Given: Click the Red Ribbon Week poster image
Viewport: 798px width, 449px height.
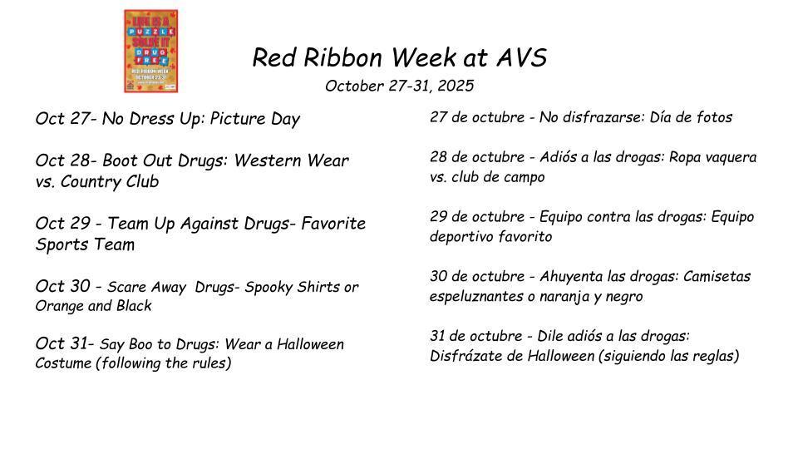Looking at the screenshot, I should coord(150,52).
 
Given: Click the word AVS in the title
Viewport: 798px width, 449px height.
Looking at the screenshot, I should coord(521,58).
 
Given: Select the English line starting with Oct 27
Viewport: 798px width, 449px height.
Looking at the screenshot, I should coord(167,119).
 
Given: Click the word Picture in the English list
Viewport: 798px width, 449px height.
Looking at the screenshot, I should coord(239,119).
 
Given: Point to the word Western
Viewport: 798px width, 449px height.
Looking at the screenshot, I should coord(262,160).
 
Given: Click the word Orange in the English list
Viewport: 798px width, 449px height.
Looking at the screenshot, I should coord(59,306).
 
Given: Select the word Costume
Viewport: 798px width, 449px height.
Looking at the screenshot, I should coord(62,363).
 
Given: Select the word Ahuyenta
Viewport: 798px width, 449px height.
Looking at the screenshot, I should coord(571,276).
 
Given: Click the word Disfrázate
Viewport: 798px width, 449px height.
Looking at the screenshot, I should coord(464,356).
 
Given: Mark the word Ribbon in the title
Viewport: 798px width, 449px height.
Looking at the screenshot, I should coord(346,58).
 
